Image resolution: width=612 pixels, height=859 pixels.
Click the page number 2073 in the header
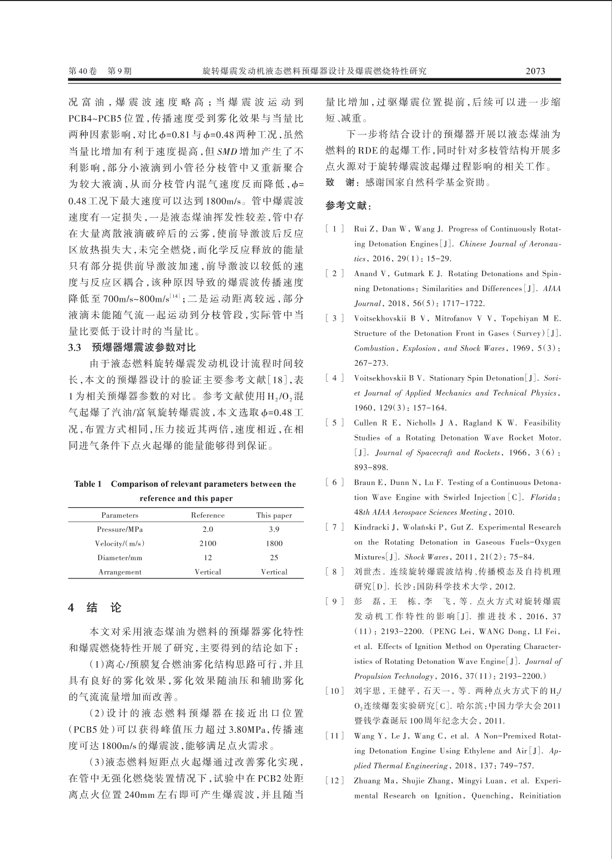click(x=535, y=71)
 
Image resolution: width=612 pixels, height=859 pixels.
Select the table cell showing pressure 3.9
click(x=274, y=530)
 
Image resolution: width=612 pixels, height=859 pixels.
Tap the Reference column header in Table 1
click(x=208, y=515)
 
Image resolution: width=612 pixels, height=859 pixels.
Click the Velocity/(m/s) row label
click(x=119, y=543)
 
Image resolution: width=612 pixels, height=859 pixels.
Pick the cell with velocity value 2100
click(x=208, y=543)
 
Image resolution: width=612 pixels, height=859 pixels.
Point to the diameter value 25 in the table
click(x=274, y=557)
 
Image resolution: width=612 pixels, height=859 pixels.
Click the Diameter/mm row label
click(x=119, y=557)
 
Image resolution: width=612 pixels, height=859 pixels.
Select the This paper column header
click(x=274, y=515)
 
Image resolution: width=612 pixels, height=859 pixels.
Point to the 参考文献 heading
click(x=348, y=206)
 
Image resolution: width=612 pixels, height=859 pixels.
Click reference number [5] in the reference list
click(x=335, y=423)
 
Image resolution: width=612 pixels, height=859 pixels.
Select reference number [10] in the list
click(x=335, y=691)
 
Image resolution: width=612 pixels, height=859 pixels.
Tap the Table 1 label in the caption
click(x=88, y=484)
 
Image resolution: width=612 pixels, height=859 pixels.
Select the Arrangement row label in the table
click(x=119, y=572)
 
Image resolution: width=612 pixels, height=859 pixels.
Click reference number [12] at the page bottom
click(x=335, y=781)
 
